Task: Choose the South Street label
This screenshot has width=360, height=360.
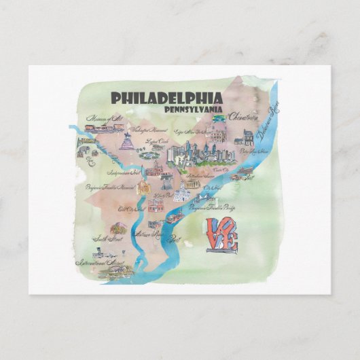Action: (x=108, y=238)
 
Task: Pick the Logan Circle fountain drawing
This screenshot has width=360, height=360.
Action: (x=149, y=154)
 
